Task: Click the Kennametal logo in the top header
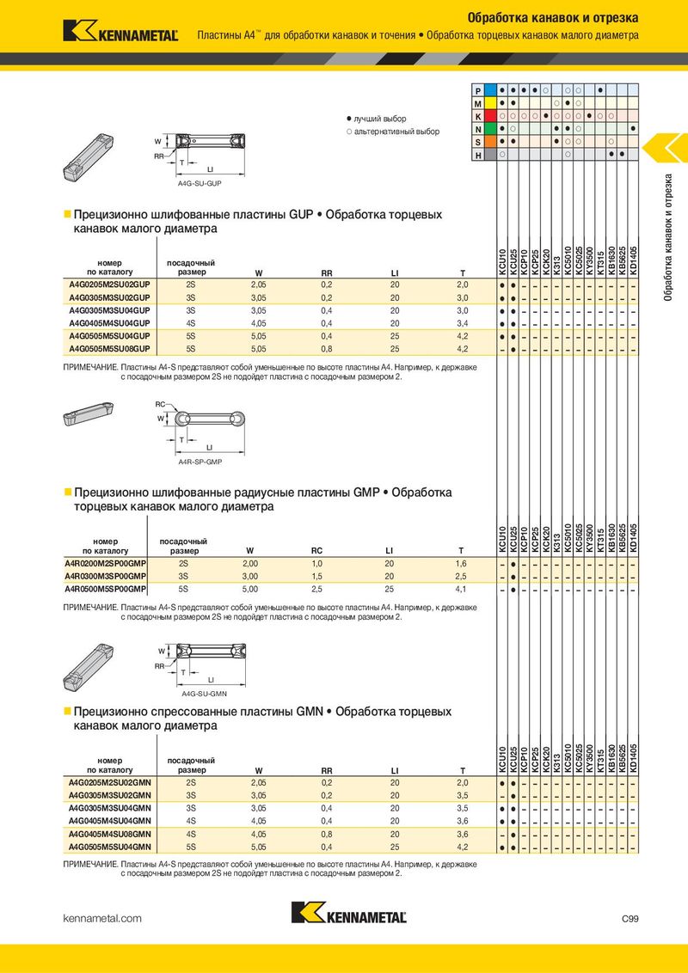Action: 120,32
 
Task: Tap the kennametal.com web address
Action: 102,919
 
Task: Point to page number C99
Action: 630,919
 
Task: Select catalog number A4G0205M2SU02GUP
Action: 109,284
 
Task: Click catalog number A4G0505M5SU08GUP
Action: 109,348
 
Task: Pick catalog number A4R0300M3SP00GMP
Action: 106,575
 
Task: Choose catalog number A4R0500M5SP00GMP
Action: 106,589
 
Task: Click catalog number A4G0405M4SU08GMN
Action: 109,834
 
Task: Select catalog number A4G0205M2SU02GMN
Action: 109,783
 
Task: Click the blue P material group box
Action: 490,90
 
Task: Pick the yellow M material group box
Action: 490,103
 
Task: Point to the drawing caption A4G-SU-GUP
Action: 200,184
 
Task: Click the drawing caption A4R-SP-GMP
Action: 200,462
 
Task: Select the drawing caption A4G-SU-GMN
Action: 203,692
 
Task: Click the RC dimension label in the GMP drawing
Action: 160,403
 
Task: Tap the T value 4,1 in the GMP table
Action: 460,589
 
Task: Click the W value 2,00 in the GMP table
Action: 249,562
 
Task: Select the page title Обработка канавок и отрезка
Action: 552,18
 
